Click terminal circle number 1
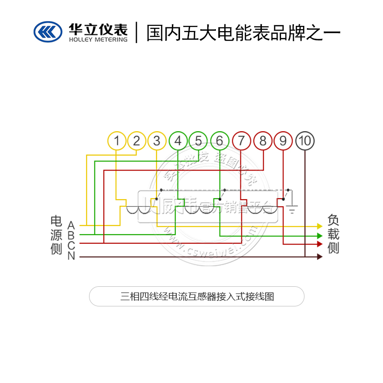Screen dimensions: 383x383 pos(117,141)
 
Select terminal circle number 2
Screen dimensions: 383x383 pos(137,141)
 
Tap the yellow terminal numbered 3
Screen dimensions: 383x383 pos(157,141)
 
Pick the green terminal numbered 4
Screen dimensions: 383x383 pos(178,141)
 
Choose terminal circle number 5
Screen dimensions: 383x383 pos(198,141)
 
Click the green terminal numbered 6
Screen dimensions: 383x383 pos(220,141)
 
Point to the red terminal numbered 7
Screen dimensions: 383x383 pos(241,141)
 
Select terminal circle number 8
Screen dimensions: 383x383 pos(263,141)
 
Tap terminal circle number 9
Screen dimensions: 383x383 pos(283,141)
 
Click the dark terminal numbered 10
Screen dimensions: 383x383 pos(305,141)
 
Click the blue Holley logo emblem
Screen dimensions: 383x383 pos(48,32)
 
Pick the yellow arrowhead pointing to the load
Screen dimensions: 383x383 pos(320,225)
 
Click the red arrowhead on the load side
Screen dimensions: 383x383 pos(320,244)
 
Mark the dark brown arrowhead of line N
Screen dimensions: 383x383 pos(320,257)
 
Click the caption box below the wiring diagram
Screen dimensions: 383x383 pos(197,296)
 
